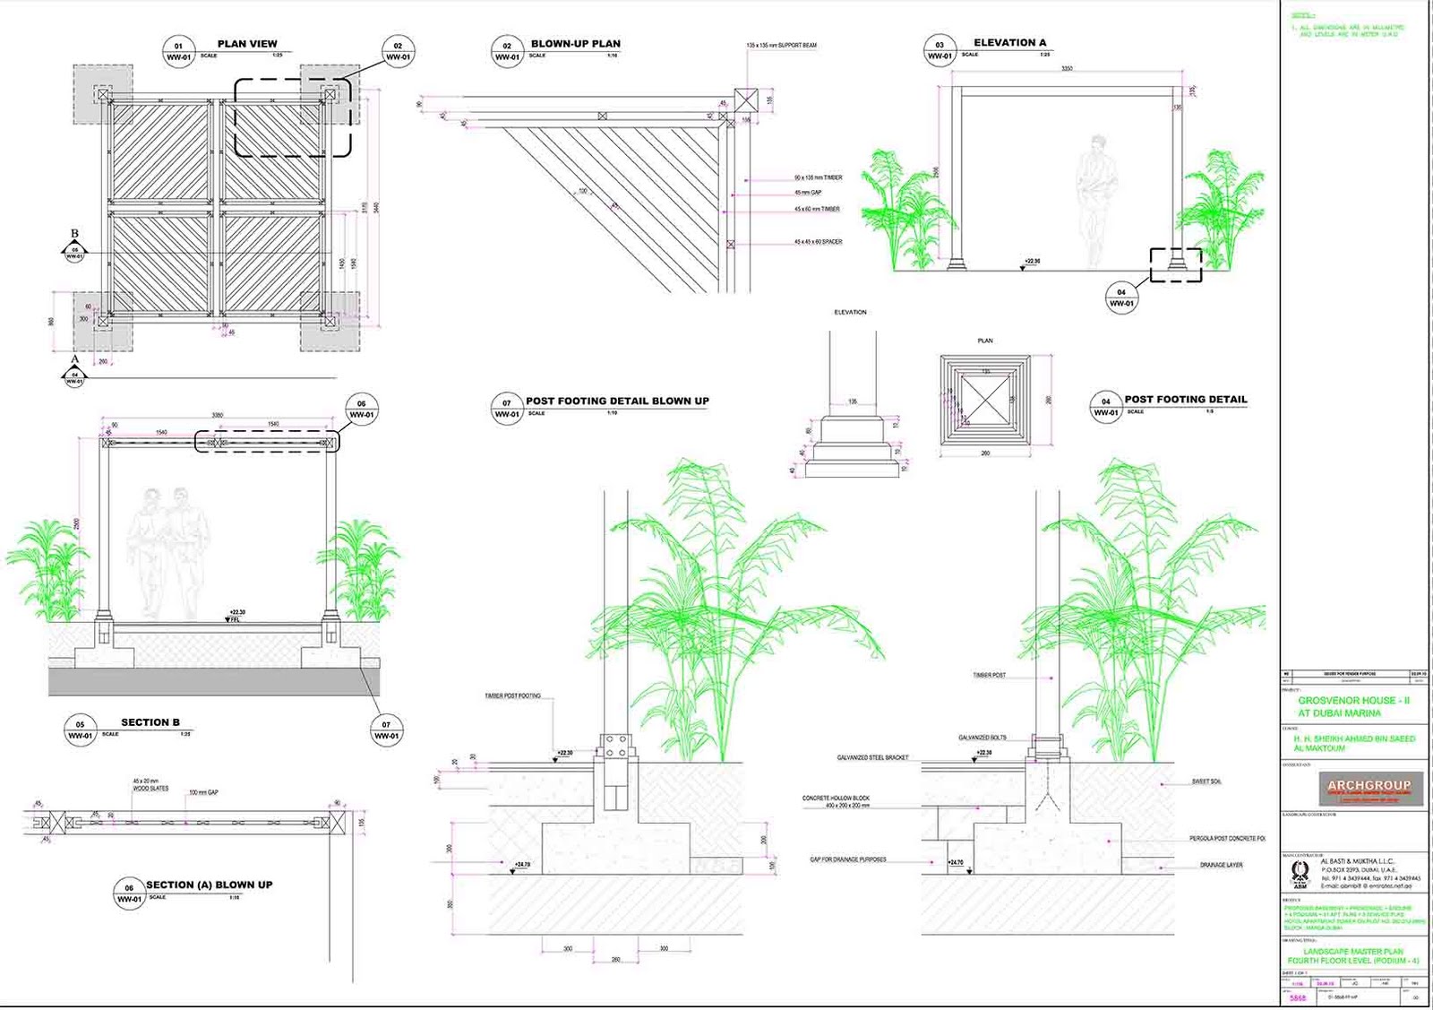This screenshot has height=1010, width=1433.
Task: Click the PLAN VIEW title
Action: tap(247, 44)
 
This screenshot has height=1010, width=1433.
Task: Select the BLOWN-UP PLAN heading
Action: tap(575, 44)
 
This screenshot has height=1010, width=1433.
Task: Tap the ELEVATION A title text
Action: tap(1009, 43)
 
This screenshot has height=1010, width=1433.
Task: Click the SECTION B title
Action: tap(150, 722)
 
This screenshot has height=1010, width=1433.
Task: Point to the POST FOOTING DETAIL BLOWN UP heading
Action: tap(617, 401)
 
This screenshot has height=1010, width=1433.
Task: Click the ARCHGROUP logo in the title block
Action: tap(1369, 788)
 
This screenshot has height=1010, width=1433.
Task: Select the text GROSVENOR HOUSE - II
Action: tap(1353, 701)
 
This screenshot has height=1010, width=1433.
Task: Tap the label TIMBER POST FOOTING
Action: tap(512, 696)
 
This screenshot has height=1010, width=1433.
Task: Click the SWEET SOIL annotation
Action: tap(1206, 781)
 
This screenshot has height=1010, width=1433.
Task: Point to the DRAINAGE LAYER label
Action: tap(1221, 866)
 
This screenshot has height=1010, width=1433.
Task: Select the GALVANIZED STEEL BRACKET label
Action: tap(872, 758)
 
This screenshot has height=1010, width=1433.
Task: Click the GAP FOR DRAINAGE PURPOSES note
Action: tap(847, 859)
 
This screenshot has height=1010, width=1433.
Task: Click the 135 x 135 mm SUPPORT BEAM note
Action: tap(781, 45)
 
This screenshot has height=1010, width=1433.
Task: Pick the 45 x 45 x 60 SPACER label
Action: tap(818, 242)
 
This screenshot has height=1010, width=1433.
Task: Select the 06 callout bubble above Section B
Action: tap(361, 410)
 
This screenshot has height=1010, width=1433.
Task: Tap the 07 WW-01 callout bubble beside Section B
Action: tap(386, 730)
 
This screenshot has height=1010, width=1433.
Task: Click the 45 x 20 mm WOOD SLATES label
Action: tap(150, 785)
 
